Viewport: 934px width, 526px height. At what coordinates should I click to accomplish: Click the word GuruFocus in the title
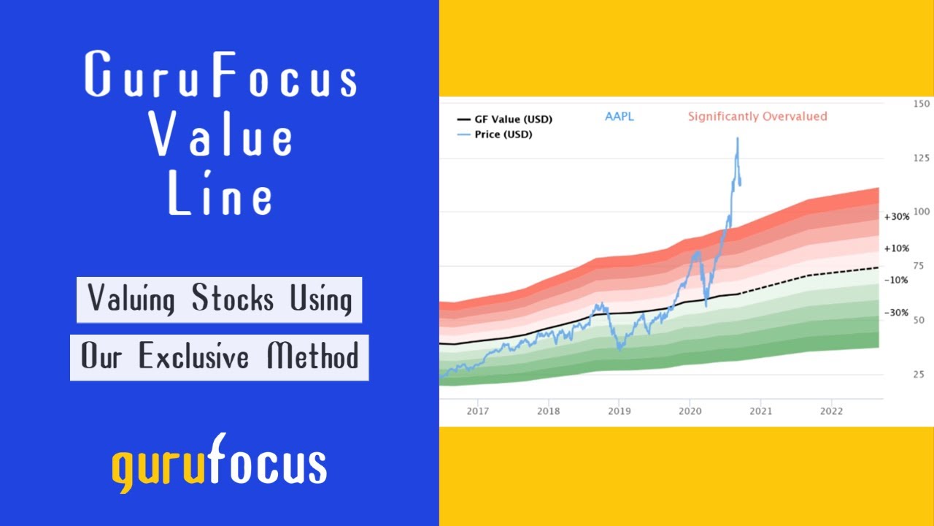220,76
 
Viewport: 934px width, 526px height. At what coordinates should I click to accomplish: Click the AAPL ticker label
620,116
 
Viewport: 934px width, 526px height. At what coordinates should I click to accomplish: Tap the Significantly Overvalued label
757,116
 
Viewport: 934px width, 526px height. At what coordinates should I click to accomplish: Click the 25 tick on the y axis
918,375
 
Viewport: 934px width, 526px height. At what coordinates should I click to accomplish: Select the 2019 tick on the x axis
619,411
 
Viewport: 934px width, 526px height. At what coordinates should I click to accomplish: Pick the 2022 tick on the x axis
831,411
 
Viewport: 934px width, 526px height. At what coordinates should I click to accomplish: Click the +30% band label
896,217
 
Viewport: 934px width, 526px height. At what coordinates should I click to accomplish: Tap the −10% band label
896,280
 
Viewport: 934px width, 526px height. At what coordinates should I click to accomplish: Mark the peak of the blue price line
737,137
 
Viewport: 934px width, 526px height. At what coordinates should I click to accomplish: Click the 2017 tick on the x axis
477,411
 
